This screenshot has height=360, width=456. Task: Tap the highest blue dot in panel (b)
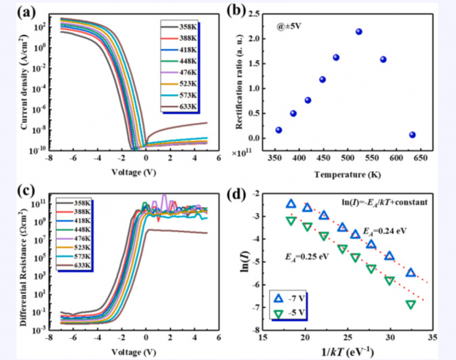click(359, 32)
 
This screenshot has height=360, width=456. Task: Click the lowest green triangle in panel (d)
click(411, 305)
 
